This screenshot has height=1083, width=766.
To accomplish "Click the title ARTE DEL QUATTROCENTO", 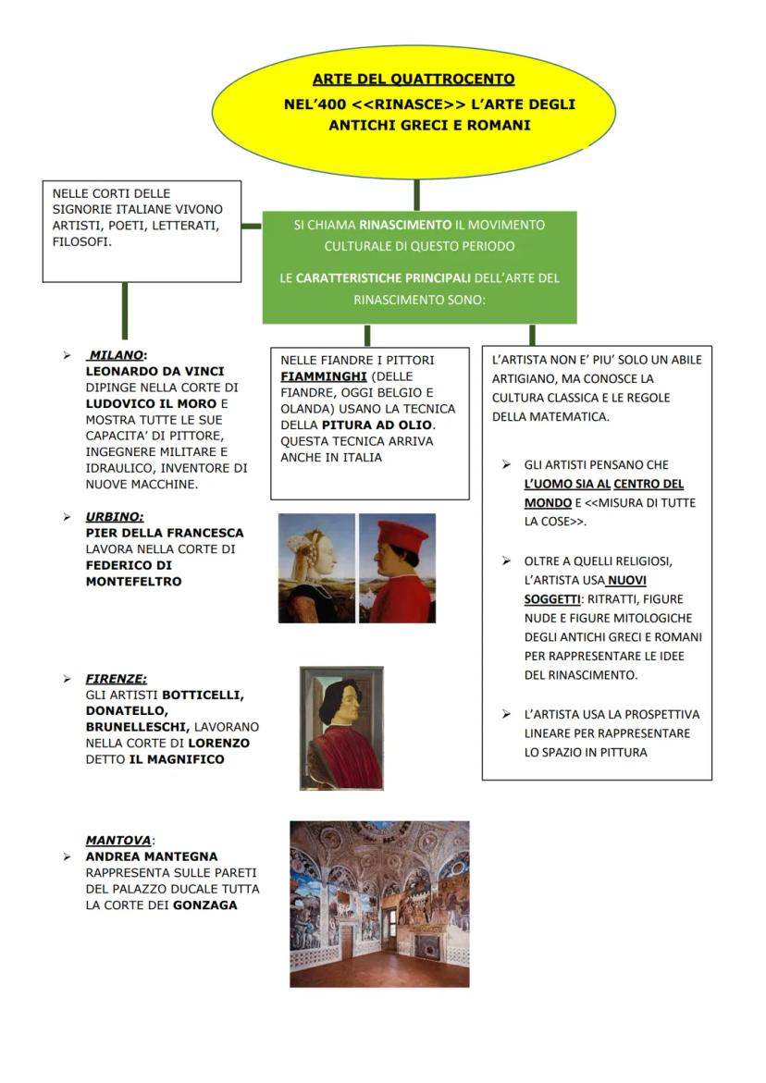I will click(x=413, y=80).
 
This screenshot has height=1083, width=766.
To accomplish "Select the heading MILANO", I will click(x=117, y=354).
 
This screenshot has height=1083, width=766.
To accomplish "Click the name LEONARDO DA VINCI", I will click(x=154, y=371).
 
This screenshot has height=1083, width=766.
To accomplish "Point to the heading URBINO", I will click(x=115, y=516).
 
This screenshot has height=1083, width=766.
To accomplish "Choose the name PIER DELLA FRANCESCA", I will click(x=165, y=533).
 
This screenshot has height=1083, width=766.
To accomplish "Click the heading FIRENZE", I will click(x=117, y=678).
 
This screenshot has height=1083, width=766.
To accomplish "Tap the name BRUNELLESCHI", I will click(x=137, y=727).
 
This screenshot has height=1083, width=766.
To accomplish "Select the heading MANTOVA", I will click(x=117, y=841).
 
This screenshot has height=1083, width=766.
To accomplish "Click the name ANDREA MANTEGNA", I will click(x=152, y=856).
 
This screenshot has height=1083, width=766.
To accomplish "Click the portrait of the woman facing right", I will click(x=316, y=568).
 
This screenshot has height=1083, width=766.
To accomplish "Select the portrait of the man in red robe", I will click(x=340, y=728).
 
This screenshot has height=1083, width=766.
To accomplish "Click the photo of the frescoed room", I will click(x=379, y=904).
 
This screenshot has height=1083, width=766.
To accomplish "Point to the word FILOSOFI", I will click(x=82, y=241).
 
